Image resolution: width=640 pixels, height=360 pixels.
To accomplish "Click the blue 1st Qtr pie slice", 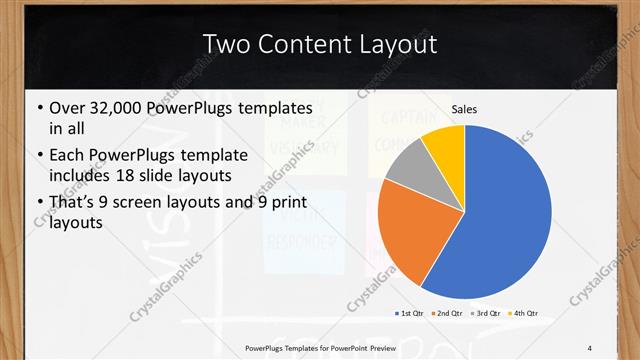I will point(505,220).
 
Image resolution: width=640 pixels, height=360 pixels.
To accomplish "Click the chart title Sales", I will point(463,108).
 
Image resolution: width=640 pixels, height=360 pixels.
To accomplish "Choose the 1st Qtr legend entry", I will point(410,313).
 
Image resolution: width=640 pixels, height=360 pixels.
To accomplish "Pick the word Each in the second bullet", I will point(66,156).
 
